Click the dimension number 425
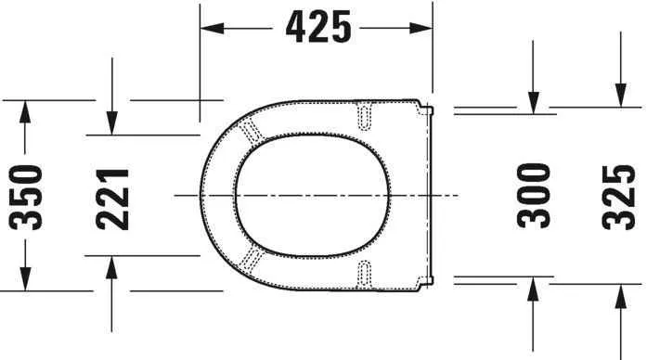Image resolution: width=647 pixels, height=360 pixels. click(318, 29)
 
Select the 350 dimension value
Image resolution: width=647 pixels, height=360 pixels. click(27, 196)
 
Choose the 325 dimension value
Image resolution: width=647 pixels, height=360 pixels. click(617, 196)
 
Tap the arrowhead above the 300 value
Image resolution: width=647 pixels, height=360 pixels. click(533, 103)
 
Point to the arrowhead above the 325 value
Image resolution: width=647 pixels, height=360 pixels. click(618, 97)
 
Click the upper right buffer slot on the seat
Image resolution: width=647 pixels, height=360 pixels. click(365, 114)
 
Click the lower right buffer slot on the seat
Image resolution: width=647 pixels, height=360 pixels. click(365, 273)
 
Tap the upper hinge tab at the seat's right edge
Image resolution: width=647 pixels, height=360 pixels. click(428, 111)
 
